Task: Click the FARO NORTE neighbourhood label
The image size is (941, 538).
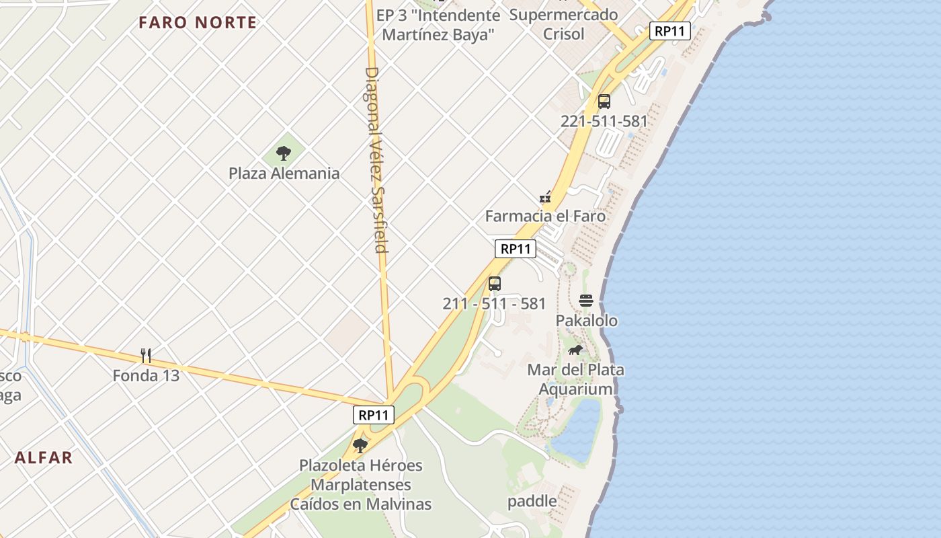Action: [198, 22]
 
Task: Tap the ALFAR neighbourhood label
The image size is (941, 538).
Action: [44, 458]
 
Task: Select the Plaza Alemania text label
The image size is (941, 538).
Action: [284, 174]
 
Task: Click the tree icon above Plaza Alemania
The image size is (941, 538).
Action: [284, 153]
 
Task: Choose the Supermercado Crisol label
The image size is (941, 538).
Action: [563, 24]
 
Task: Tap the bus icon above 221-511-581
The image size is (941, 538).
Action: [604, 102]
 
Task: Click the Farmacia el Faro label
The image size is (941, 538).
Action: [545, 217]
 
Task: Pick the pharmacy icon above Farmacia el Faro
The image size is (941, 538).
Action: [546, 197]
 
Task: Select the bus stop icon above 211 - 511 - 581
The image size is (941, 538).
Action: [495, 283]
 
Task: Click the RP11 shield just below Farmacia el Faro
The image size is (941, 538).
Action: [516, 249]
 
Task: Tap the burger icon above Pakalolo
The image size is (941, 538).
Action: [586, 301]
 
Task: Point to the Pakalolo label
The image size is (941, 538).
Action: [586, 321]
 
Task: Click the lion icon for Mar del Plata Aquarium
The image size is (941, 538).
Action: [575, 350]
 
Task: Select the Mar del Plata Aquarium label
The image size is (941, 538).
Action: [575, 379]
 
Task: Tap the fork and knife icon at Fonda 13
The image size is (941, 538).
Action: [146, 355]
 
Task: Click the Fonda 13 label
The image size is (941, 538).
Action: [146, 375]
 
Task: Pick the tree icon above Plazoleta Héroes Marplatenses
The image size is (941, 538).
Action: [360, 445]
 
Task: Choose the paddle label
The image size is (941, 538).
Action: [532, 501]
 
